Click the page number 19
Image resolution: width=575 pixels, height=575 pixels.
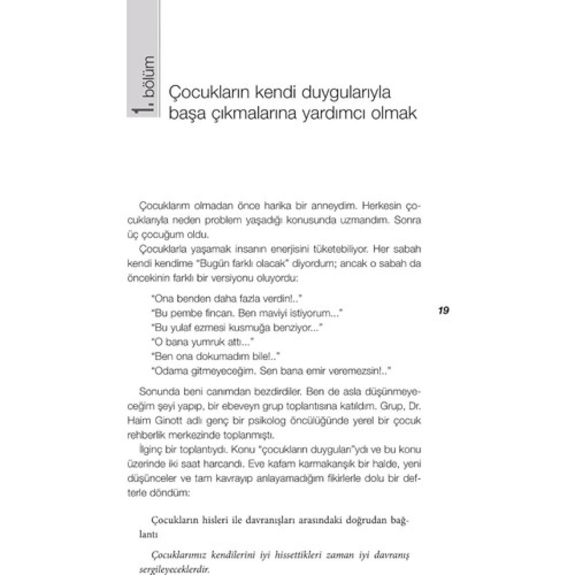coord(444,310)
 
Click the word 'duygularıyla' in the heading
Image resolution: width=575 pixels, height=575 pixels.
coord(347,93)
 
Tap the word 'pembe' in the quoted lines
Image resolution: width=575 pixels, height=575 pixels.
coord(187,313)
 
